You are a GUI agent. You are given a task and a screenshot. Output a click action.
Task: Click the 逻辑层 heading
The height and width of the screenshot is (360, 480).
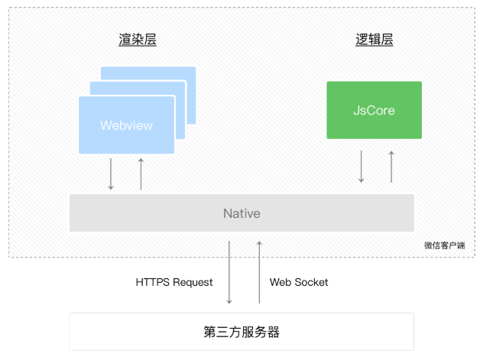coord(375,40)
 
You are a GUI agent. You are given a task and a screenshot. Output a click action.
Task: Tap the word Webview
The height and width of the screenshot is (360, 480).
coord(126,125)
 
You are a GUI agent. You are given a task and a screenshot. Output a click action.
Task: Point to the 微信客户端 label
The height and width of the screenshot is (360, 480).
coord(444,245)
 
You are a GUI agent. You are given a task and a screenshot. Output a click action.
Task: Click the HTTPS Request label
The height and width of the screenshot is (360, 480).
coord(174,282)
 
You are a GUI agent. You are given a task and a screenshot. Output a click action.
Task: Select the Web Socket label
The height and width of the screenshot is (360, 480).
coord(299,282)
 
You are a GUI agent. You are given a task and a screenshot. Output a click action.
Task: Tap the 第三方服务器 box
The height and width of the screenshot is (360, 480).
coord(242,332)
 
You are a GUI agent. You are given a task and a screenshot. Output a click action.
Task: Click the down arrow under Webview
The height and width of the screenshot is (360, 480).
coord(111,174)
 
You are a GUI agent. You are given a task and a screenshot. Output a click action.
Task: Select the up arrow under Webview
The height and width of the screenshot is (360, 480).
coord(141,174)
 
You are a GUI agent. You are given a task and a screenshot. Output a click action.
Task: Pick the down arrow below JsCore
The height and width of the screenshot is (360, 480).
coord(362,167)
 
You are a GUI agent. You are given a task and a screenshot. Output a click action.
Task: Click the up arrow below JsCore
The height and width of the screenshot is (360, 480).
coord(391,167)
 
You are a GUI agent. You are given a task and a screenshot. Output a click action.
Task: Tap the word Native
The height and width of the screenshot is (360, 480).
coord(242,213)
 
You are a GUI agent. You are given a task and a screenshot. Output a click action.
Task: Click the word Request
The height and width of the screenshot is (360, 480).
coord(193,282)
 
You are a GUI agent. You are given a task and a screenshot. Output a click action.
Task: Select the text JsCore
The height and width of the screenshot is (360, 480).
coord(374,110)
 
